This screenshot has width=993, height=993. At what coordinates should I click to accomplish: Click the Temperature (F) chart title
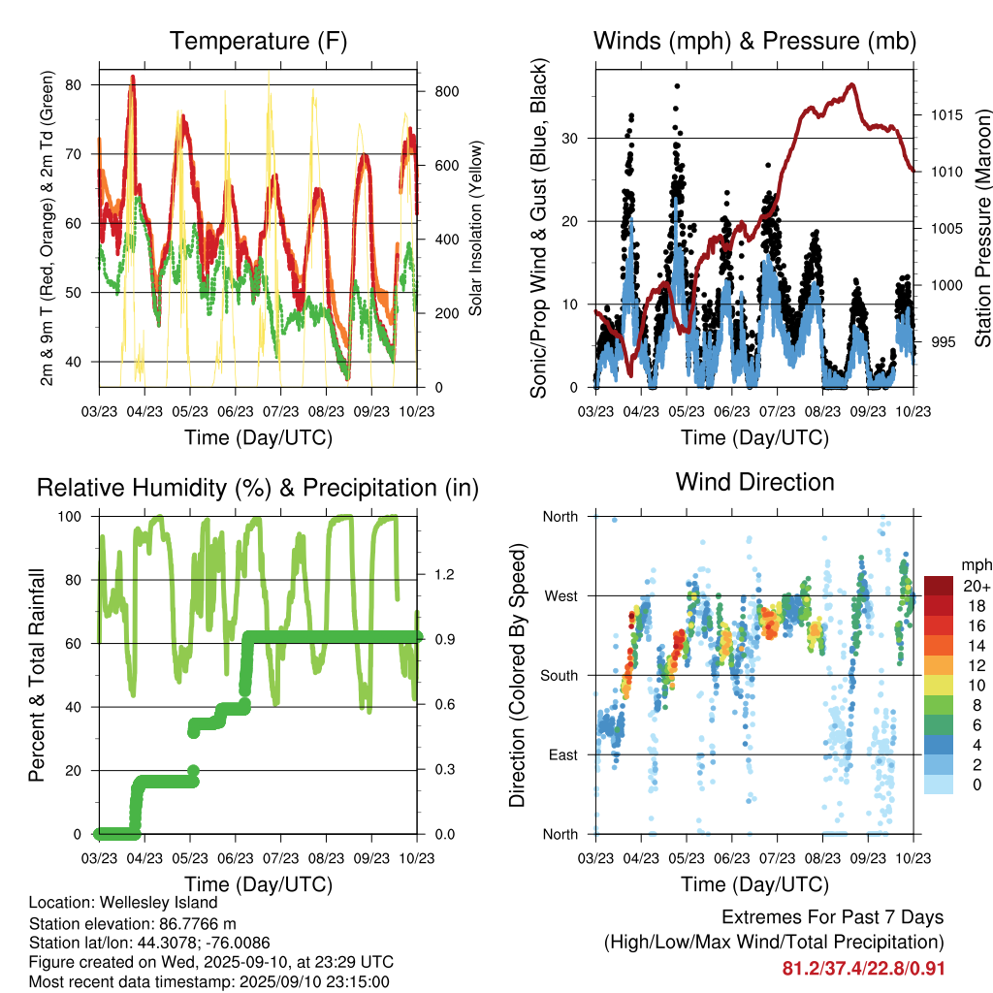[258, 41]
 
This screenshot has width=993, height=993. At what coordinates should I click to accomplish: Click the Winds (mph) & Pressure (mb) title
[754, 41]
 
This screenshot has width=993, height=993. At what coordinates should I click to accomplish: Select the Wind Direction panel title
[754, 482]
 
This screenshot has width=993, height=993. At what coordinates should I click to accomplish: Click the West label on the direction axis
[561, 595]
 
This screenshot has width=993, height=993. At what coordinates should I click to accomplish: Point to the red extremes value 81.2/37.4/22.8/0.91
[863, 968]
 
